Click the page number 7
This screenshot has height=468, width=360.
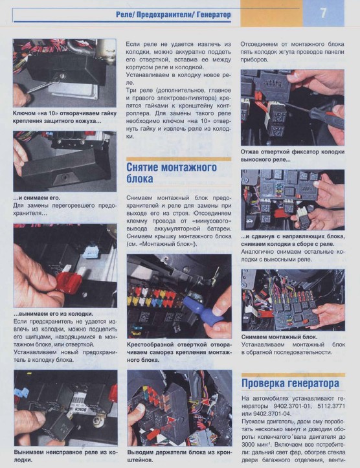[x=323, y=13]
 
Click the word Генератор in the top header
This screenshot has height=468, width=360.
[x=214, y=15]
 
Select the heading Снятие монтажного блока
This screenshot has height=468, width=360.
[x=172, y=173]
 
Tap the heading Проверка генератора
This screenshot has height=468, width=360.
[x=290, y=383]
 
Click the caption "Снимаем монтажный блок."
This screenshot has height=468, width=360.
[x=280, y=337]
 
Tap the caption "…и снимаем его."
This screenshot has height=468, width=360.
[x=36, y=197]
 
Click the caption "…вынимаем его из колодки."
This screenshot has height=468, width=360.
[x=54, y=314]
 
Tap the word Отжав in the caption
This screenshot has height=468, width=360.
[x=250, y=151]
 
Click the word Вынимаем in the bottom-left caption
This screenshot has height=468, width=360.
[x=28, y=452]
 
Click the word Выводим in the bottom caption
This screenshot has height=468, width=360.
[x=139, y=452]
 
